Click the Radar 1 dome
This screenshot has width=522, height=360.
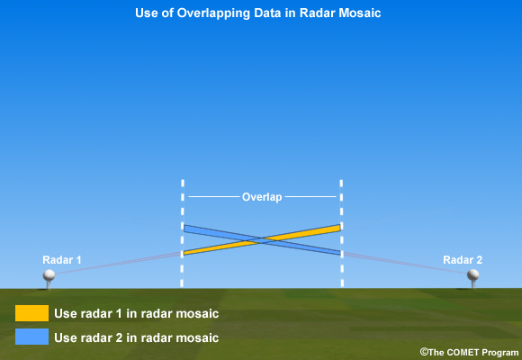[x=49, y=275]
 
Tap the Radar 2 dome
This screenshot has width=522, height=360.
[x=472, y=275]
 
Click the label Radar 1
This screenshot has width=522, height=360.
[x=62, y=260]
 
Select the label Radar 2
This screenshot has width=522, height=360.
[x=463, y=260]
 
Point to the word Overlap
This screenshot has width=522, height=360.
[x=262, y=197]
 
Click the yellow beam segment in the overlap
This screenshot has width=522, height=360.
[x=262, y=239]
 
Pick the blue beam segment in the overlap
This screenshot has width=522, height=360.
[x=262, y=240]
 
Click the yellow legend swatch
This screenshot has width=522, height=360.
[x=32, y=313]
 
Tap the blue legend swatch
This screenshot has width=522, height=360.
[x=32, y=337]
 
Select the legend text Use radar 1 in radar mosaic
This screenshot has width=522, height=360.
[x=137, y=314]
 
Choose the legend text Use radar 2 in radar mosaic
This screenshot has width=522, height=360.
[x=137, y=337]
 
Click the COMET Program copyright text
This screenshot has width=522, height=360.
[x=469, y=352]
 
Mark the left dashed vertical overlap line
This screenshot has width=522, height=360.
[x=183, y=233]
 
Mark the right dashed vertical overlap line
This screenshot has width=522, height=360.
[x=342, y=233]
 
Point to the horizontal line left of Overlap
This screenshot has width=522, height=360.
[x=213, y=197]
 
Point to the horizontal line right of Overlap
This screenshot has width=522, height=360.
[x=310, y=197]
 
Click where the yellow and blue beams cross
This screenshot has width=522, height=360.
[x=262, y=240]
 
